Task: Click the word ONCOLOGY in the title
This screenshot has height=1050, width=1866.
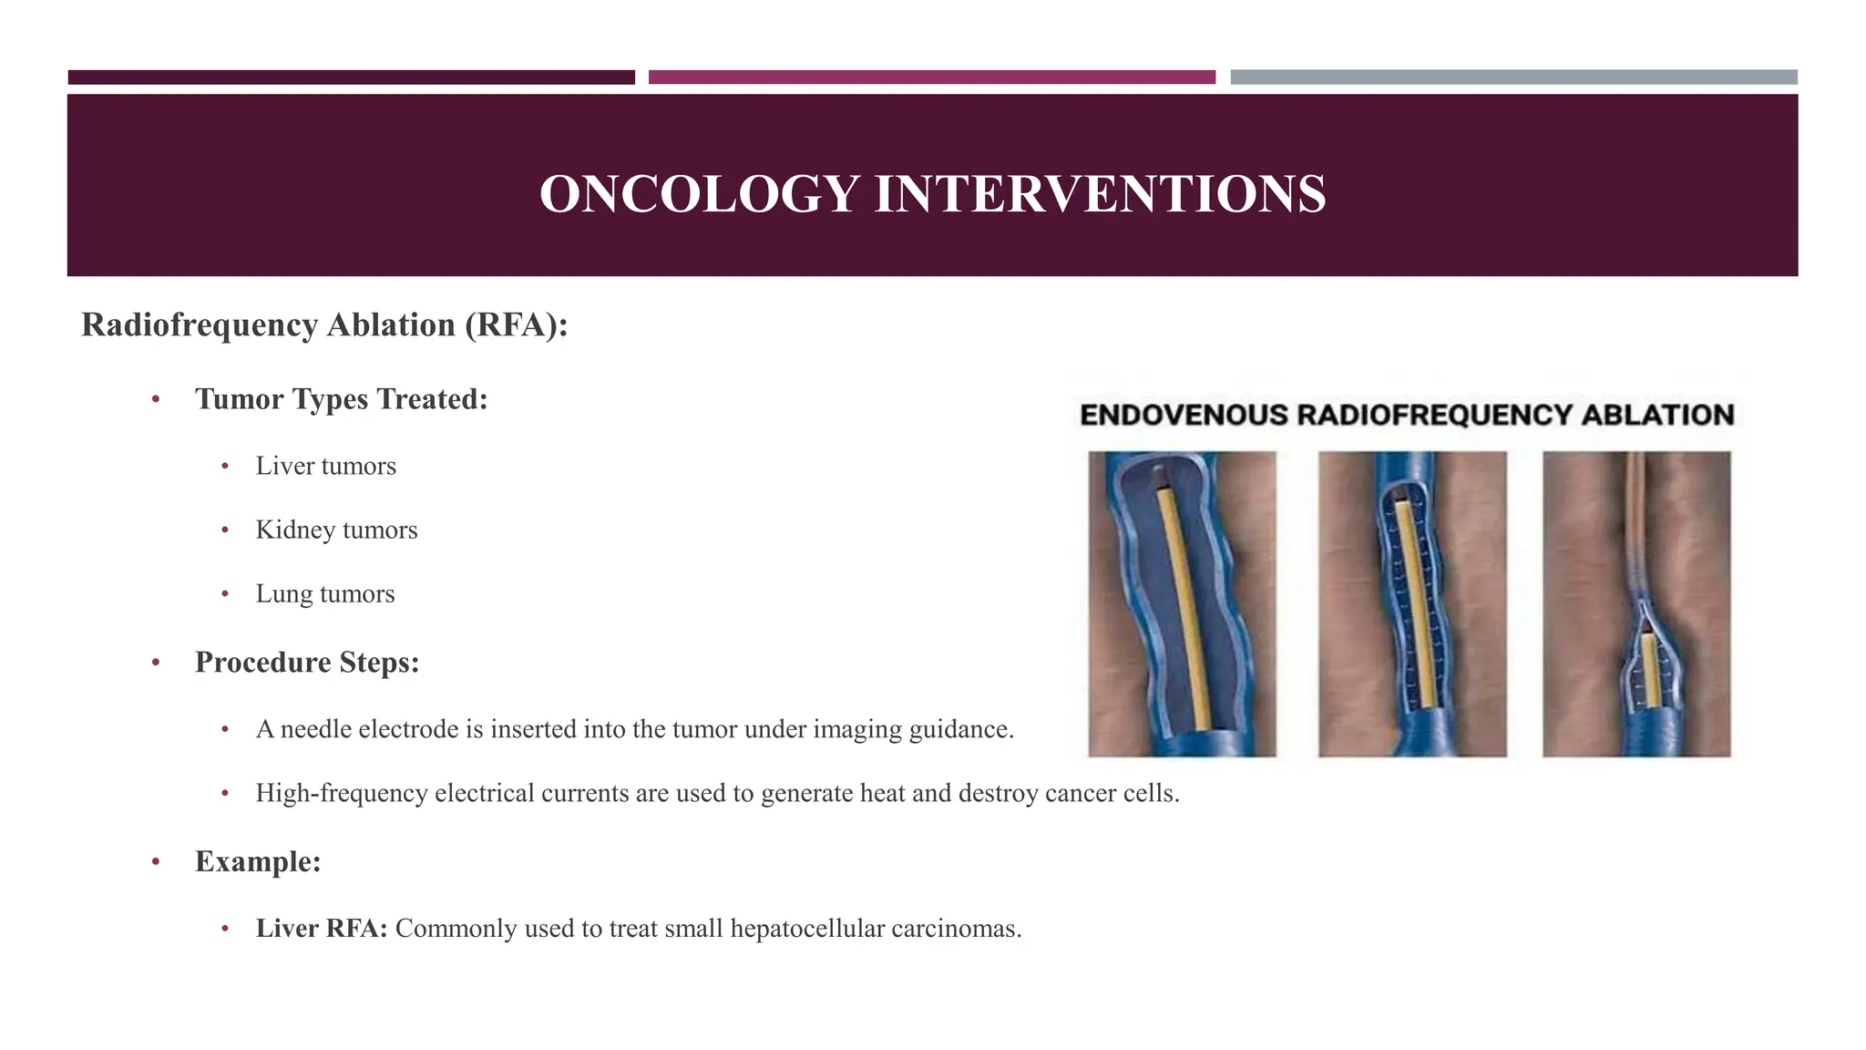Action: pos(699,194)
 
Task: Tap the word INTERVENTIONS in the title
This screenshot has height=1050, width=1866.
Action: pos(1100,194)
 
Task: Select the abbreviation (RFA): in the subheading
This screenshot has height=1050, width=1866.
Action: pos(516,325)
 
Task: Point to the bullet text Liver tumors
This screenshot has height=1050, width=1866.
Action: pos(325,466)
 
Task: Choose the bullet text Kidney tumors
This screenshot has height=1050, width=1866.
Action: pos(336,530)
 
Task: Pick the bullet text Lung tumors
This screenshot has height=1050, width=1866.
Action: pos(324,593)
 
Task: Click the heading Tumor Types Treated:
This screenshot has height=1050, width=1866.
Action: pos(341,399)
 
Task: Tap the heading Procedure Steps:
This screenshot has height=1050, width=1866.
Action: pos(307,662)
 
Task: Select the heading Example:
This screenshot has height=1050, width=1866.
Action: pos(258,861)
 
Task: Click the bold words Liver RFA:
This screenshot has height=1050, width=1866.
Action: pos(322,929)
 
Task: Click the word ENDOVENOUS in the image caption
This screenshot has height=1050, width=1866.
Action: pos(1184,416)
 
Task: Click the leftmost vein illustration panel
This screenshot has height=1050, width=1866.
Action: pos(1182,603)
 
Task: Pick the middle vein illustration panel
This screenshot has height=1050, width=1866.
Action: pos(1411,603)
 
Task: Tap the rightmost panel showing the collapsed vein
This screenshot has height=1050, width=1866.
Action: pos(1636,603)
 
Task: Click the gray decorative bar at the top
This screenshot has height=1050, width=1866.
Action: pos(1513,77)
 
